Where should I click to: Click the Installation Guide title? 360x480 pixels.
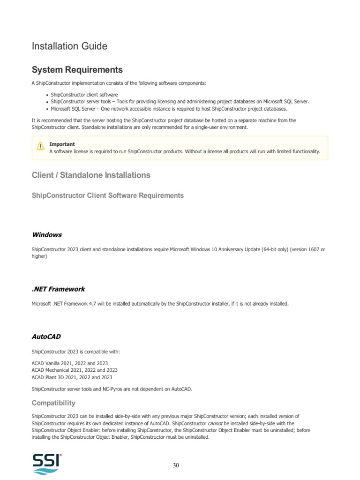coord(69,46)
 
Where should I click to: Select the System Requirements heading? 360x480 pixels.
coord(77,70)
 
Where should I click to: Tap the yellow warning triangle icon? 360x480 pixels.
coord(40,147)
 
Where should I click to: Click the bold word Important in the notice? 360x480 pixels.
coord(62,144)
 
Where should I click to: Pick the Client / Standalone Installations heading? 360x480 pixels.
coord(91,175)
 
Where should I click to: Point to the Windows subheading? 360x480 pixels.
coord(47,234)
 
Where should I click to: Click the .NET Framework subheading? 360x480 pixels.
coord(58,289)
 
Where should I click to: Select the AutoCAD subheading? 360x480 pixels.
coord(46,337)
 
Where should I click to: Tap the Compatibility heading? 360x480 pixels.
coord(53,403)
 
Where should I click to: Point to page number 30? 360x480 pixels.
coord(176,465)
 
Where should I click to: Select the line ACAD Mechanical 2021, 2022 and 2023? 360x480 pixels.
coord(75,370)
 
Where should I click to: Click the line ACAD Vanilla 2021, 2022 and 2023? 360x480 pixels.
coord(70,363)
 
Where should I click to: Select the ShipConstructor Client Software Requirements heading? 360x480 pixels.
coord(107,195)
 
